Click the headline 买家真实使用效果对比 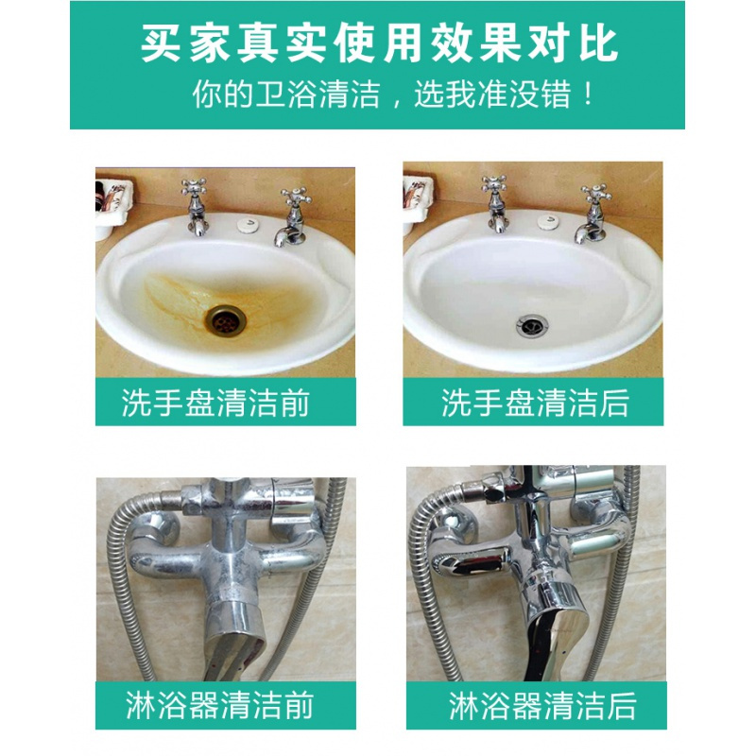pos(379,43)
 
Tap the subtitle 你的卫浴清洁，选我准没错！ pos(392,94)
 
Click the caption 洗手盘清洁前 pos(215,403)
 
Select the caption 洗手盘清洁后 pos(535,403)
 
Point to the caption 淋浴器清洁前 pos(219,705)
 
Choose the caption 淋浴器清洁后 pos(541,705)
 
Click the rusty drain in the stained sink pos(225,318)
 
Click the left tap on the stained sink pos(195,206)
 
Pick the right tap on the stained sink pos(292,218)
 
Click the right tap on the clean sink pos(593,214)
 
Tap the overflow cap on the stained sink pos(249,224)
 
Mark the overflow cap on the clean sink pos(550,222)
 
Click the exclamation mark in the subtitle pos(587,94)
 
